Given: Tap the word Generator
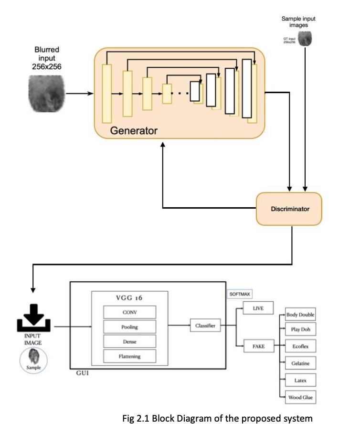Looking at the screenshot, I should [x=134, y=130].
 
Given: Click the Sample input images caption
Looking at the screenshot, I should [x=298, y=22].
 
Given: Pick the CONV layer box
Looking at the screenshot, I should [x=130, y=312].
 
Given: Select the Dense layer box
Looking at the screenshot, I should [x=130, y=341].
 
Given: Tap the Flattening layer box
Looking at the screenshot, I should [x=130, y=356].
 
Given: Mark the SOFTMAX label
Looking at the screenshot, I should [x=240, y=295].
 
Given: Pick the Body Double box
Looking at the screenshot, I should [x=300, y=315].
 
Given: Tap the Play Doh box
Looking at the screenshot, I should [x=300, y=329].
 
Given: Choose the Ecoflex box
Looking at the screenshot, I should [x=300, y=346].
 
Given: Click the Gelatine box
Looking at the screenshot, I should [x=300, y=363].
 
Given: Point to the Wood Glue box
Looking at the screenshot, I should [x=300, y=397].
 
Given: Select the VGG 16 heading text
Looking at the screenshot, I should [x=129, y=297].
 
